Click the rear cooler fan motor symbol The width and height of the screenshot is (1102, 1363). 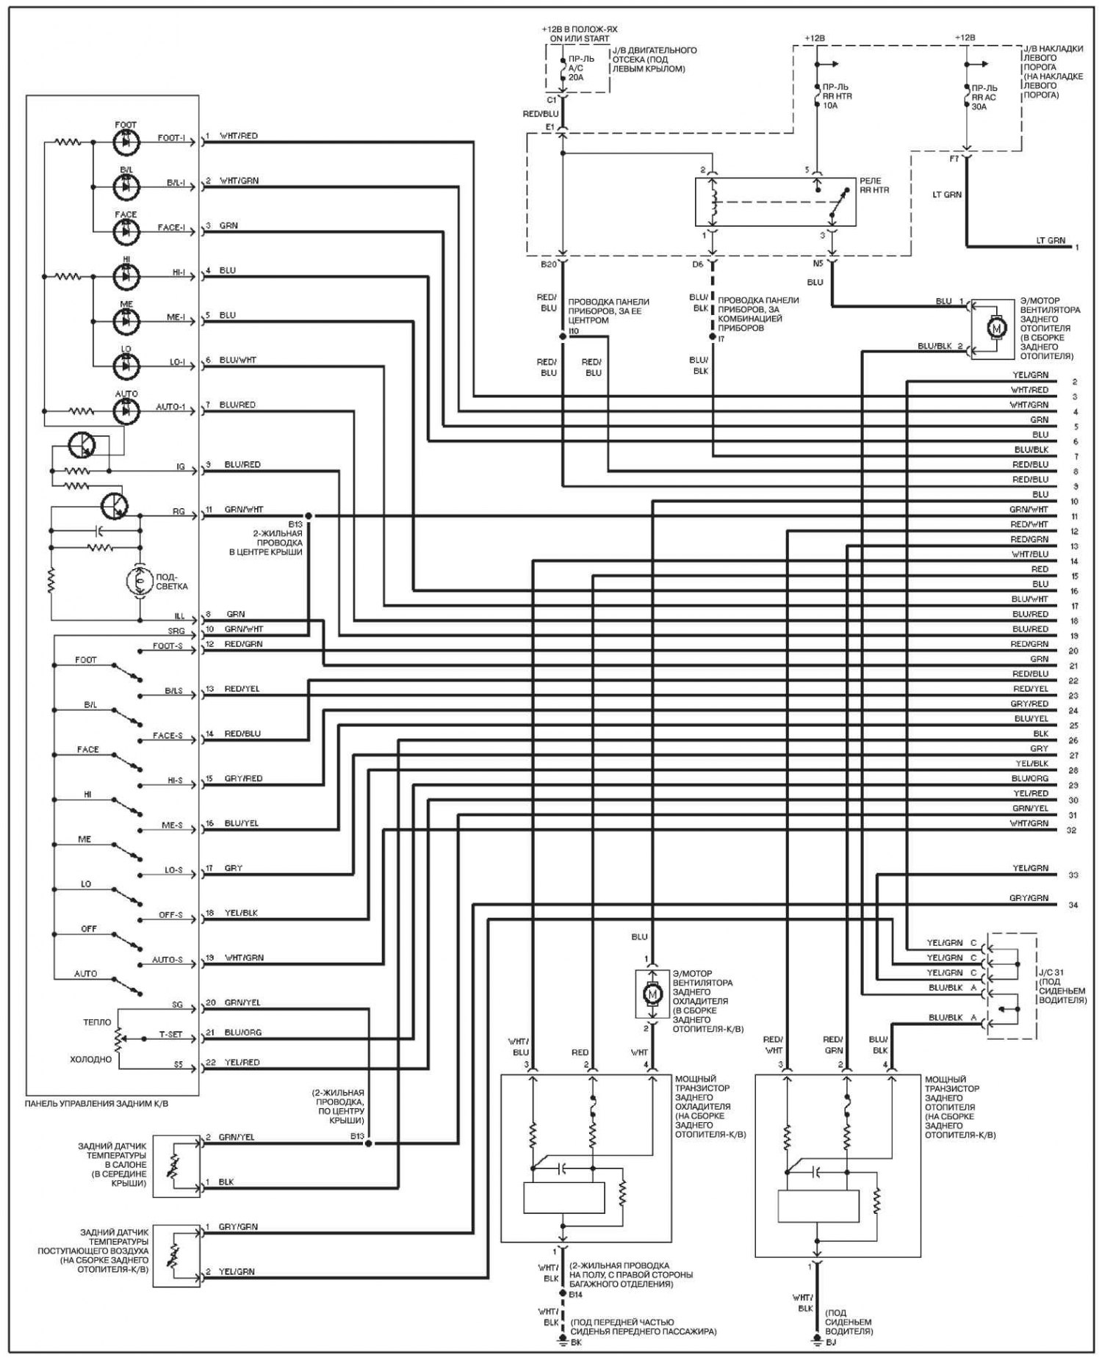652,994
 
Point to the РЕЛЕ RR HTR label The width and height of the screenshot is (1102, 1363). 874,185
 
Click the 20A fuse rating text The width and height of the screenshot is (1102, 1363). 576,76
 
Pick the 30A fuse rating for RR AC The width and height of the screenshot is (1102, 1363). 979,106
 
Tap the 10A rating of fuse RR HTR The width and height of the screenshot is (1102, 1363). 831,106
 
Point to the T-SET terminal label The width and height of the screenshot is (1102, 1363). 170,1035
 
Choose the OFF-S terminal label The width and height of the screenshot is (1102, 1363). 170,916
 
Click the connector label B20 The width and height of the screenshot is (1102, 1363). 549,264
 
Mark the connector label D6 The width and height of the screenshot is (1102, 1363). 697,264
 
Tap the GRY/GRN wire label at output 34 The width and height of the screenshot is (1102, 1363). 1029,898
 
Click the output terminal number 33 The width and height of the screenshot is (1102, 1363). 1073,875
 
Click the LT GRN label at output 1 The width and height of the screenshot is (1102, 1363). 1051,241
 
